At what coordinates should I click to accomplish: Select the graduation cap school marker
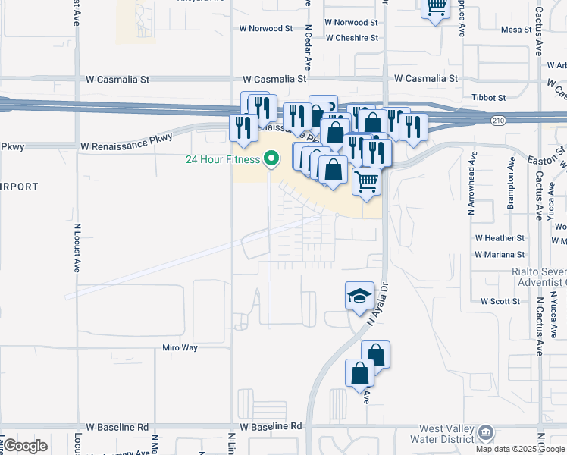coord(359,296)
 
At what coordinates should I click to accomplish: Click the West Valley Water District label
coord(440,434)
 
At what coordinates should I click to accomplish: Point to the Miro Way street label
coord(180,347)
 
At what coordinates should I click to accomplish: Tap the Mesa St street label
coord(518,30)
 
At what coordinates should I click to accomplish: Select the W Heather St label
coord(500,238)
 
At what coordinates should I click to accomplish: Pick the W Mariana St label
coord(500,255)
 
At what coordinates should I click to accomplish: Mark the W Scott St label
coord(500,301)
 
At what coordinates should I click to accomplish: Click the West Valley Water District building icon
coord(485,433)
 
